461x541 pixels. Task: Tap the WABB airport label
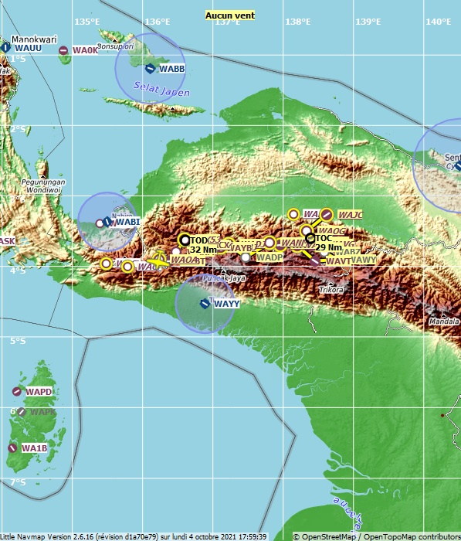point(171,69)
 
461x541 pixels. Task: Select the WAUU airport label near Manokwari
point(28,48)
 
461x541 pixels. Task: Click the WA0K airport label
point(85,51)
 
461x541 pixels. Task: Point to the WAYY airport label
point(226,305)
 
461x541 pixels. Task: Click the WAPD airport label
point(39,393)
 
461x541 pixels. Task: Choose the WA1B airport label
point(34,448)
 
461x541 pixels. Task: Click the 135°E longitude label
point(86,22)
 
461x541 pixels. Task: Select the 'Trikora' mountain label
point(332,290)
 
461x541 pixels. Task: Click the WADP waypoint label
point(269,257)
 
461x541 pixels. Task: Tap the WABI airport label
point(127,223)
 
